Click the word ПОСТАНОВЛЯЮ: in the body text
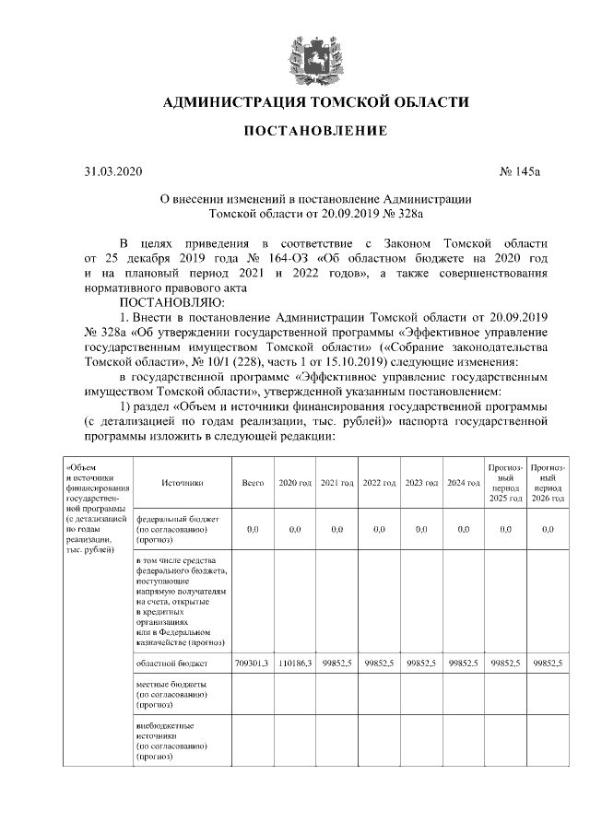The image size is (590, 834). point(165,301)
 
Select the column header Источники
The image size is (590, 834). point(182,483)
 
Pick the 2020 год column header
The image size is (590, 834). point(295,483)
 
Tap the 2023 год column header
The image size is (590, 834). point(420,483)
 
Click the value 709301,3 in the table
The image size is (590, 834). point(252,663)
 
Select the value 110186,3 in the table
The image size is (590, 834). point(295,663)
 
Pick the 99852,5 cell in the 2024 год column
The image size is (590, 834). point(463,663)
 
